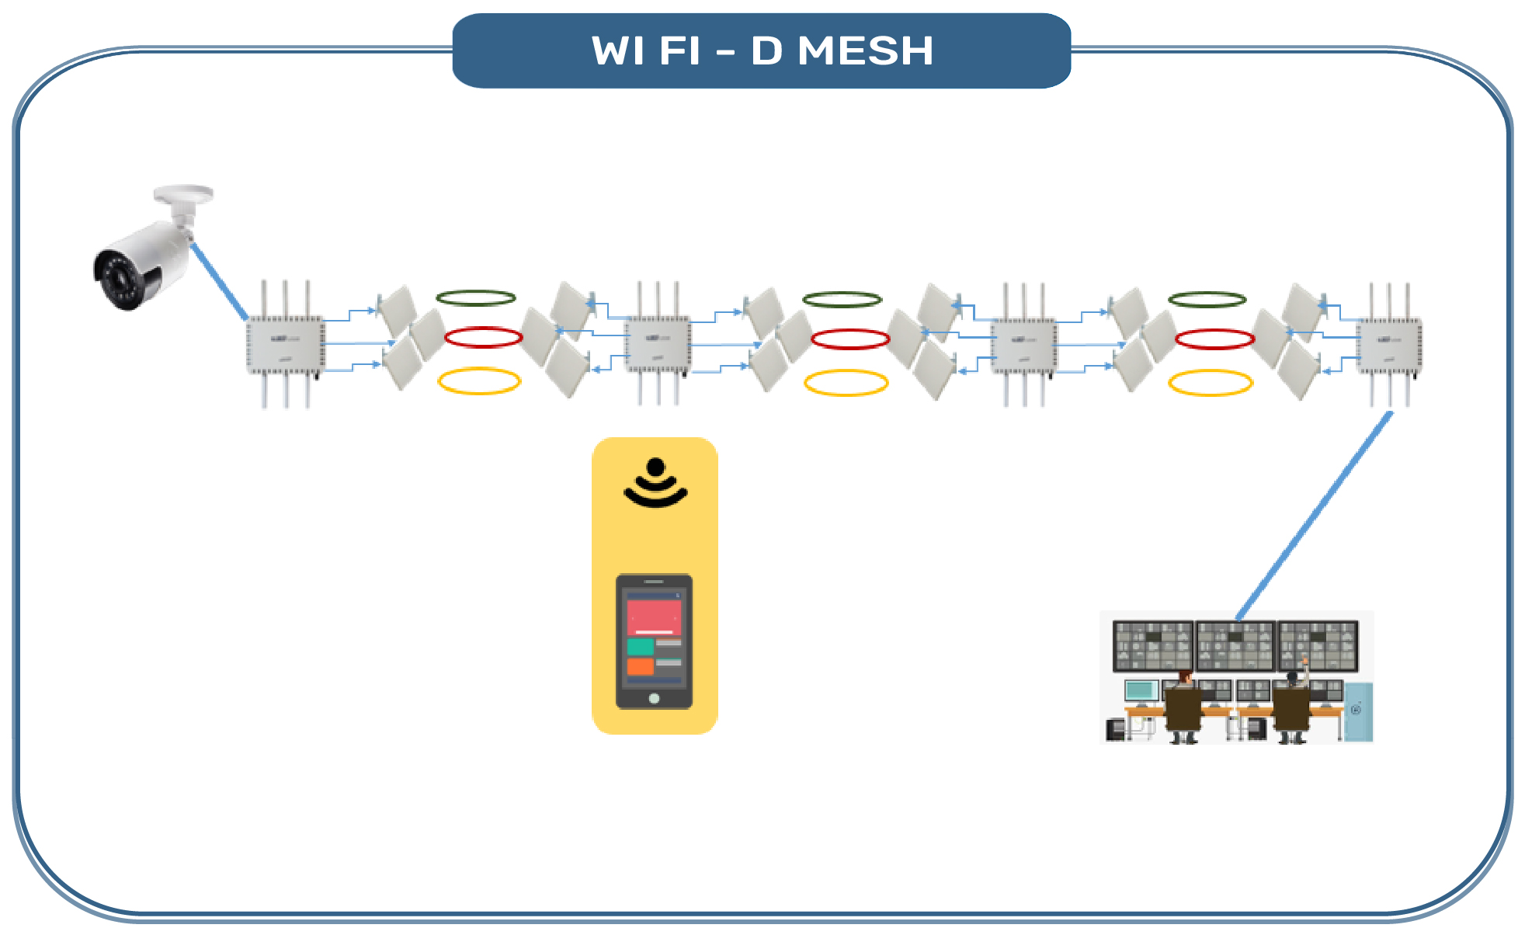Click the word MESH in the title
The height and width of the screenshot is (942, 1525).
pos(865,51)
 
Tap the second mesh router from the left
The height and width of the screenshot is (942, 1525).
pos(658,345)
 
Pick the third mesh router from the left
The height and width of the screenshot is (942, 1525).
pos(1023,345)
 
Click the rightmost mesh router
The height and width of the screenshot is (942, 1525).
pos(1389,345)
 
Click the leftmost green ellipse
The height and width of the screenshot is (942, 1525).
pos(476,298)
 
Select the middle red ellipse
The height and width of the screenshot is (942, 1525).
pos(850,339)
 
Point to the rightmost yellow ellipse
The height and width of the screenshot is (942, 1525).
pos(1211,383)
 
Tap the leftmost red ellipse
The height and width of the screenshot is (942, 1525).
pos(483,338)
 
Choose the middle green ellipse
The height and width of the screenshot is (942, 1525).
pos(842,300)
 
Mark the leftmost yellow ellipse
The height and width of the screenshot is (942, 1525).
pos(479,381)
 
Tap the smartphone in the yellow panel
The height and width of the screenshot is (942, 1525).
pos(654,641)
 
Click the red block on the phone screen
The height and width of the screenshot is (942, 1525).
pos(654,617)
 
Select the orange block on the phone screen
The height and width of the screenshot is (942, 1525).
pos(640,666)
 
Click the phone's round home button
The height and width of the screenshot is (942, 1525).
pos(654,698)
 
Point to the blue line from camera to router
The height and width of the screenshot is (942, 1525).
pos(219,281)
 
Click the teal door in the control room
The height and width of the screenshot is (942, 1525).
pos(1358,711)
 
